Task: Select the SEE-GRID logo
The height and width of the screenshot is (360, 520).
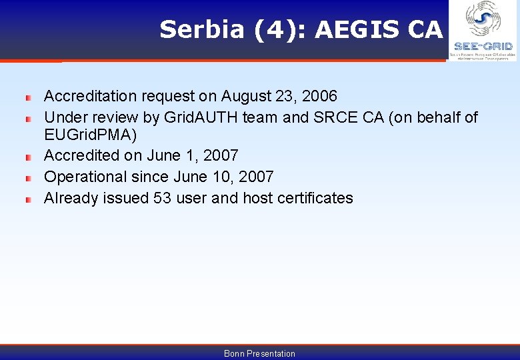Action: coord(483,31)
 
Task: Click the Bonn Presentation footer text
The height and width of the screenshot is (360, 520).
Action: coord(259,353)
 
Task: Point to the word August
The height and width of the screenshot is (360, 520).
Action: coord(246,96)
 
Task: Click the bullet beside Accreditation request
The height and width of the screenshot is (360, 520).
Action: coord(28,97)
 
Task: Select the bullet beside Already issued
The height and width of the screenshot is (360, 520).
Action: coord(28,199)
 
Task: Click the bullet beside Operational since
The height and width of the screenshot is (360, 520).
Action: coord(28,178)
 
